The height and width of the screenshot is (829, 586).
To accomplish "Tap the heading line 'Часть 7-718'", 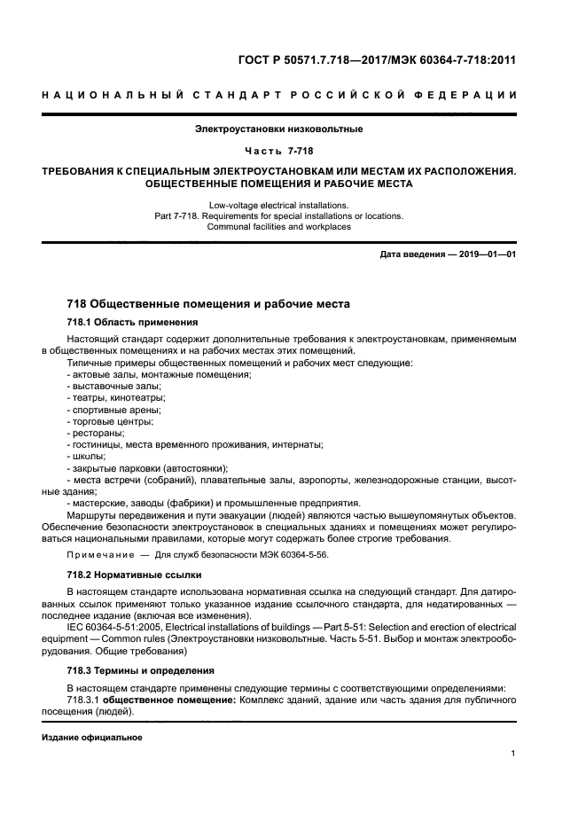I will click(x=293, y=151).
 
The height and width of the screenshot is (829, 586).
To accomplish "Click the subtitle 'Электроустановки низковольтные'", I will click(x=292, y=129).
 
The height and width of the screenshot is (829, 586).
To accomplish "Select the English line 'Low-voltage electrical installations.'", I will click(x=292, y=205).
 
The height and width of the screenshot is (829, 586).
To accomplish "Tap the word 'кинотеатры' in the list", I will click(x=137, y=398).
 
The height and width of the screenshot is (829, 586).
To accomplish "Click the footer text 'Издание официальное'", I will click(x=92, y=738).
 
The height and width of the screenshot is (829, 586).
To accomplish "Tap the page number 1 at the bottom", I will click(x=513, y=754).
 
